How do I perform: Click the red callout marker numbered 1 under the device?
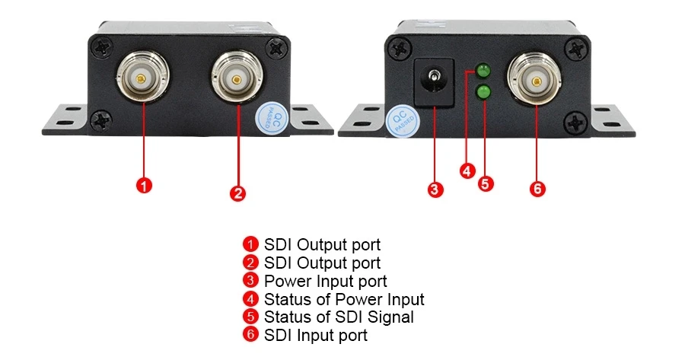coord(145,184)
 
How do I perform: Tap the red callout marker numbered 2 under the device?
coord(237,193)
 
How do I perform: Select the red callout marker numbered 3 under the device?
coord(435,190)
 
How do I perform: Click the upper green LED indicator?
coord(483,72)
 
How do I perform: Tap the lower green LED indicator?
coord(483,93)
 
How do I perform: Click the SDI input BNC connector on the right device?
coord(537,80)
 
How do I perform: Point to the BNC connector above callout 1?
coord(142,77)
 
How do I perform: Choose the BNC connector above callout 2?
coord(237,78)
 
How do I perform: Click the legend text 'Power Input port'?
coord(325,281)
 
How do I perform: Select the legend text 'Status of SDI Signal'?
coord(339,317)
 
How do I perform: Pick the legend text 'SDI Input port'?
coord(315,335)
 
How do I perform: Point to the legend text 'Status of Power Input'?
coord(344,299)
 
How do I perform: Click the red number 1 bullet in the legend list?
coord(252,244)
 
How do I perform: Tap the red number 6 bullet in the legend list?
coord(252,335)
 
